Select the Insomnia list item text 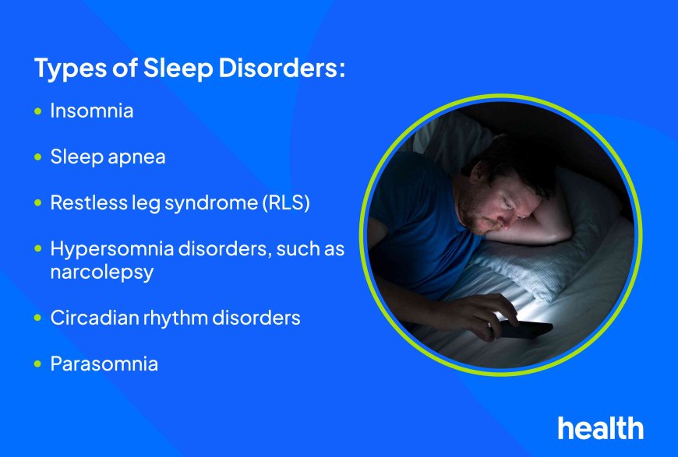[x=91, y=111]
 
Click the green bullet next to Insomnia [x=38, y=111]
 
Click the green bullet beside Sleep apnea [x=38, y=157]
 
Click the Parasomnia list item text [x=104, y=364]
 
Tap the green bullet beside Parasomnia [x=38, y=364]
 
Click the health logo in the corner [x=600, y=427]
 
